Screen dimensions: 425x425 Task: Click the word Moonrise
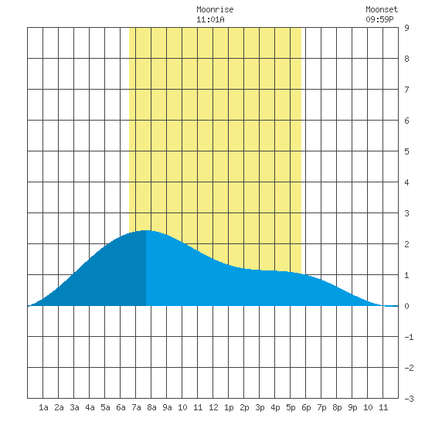[215, 9]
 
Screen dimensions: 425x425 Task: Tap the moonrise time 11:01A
[210, 19]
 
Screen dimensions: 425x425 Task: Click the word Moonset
[382, 9]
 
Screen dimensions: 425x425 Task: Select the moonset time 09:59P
[379, 19]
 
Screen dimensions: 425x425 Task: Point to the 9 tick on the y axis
[406, 28]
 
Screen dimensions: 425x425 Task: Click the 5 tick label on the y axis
[406, 151]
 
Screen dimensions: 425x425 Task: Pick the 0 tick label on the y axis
[406, 306]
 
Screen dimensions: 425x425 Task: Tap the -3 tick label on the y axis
[409, 399]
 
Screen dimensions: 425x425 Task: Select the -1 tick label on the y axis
[409, 337]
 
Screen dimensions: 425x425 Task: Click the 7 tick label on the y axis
[406, 90]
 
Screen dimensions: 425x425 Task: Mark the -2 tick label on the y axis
[409, 368]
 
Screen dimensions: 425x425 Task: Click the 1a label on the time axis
[43, 407]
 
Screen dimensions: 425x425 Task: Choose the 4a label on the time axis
[90, 407]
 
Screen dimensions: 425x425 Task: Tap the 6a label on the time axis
[121, 407]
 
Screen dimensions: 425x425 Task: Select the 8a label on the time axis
[151, 407]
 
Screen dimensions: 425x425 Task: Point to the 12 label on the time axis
[213, 407]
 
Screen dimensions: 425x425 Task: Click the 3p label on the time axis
[260, 407]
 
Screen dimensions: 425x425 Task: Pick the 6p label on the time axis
[306, 407]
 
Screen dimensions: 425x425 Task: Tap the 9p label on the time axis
[352, 407]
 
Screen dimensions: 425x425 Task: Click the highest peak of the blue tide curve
[146, 231]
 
